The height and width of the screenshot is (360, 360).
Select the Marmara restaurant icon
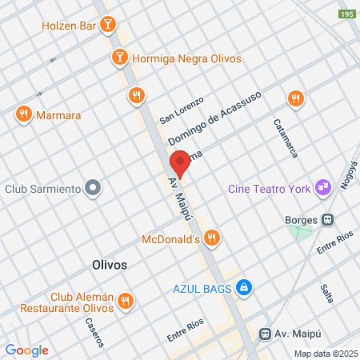pos(22,115)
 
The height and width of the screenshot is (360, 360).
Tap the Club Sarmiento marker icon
pos(94,189)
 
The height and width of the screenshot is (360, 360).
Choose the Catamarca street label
pos(286,137)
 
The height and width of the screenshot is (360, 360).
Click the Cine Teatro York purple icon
pos(324,186)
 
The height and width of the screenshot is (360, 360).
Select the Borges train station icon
pos(327,219)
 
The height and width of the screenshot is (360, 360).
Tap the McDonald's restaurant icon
pos(211,238)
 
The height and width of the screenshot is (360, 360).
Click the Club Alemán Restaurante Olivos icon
pos(125,301)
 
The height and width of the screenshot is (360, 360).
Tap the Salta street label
pos(326,294)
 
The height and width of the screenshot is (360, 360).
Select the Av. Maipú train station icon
pos(264,334)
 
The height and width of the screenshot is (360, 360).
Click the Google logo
pos(26,350)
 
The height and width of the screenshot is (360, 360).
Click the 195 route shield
pos(346,15)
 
